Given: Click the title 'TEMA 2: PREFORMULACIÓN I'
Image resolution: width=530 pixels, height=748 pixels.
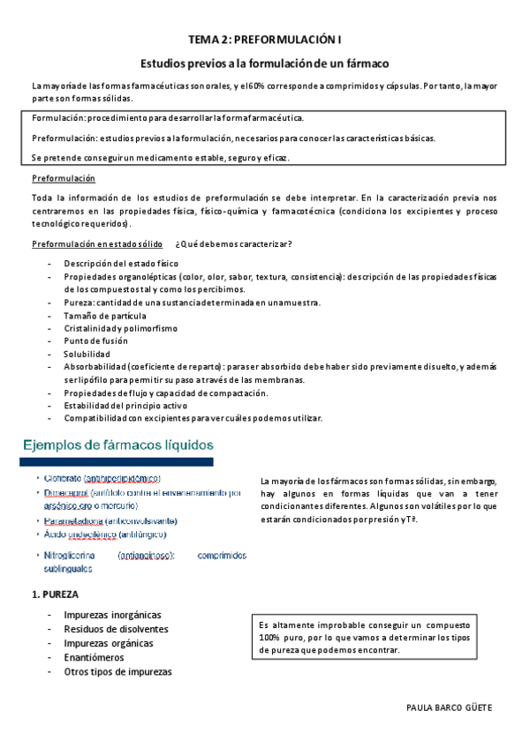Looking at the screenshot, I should point(265,40).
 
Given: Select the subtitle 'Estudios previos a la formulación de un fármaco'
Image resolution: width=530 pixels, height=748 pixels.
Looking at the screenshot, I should point(265,64).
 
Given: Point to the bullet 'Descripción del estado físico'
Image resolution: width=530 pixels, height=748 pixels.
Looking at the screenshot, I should point(121,264).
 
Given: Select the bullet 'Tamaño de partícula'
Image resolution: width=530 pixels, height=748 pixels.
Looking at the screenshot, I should point(105,315).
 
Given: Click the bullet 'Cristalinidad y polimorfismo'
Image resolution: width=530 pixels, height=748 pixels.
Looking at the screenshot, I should point(120,328).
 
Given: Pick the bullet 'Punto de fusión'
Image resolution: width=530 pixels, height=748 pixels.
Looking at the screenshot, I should point(95,340).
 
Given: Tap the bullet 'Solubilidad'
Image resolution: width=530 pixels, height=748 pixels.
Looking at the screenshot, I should point(87,354).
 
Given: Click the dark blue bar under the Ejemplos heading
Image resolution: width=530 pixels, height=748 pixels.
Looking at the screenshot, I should point(117,461).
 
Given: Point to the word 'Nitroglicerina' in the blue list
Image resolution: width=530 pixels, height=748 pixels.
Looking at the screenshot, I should point(72,556).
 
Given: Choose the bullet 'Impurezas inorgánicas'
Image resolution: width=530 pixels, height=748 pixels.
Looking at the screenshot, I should point(112,615).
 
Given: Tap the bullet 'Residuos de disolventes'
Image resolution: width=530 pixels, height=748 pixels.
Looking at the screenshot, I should point(116,629).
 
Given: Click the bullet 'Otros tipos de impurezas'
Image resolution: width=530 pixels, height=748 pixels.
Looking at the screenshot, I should point(117,671).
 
